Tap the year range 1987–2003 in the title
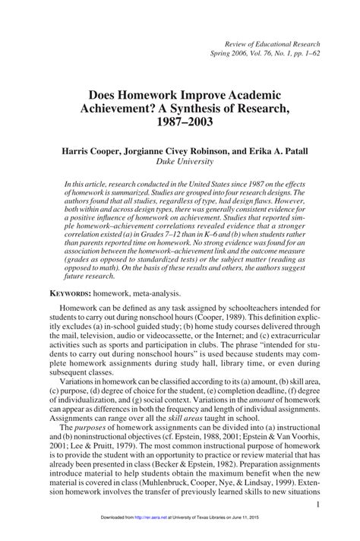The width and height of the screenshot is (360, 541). pos(180,122)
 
